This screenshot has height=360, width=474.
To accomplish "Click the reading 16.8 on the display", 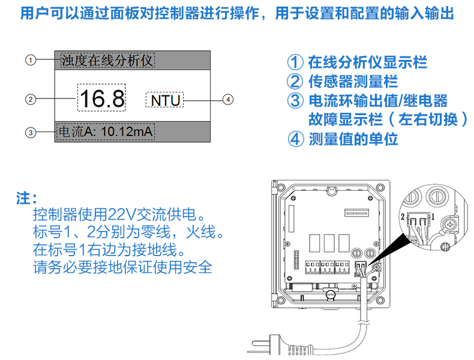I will [101, 98].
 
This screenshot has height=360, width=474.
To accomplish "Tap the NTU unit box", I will [165, 100].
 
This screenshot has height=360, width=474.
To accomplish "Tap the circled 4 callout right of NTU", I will [227, 99].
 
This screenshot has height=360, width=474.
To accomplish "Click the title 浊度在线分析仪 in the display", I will [107, 60].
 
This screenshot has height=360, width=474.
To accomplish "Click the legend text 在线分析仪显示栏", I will [367, 62].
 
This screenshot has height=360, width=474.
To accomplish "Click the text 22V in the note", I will [119, 215].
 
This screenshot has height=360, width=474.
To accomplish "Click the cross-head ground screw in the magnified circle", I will [449, 226].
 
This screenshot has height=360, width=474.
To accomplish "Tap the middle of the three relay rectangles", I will [329, 243].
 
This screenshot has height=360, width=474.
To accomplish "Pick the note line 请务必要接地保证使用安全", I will [122, 267].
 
